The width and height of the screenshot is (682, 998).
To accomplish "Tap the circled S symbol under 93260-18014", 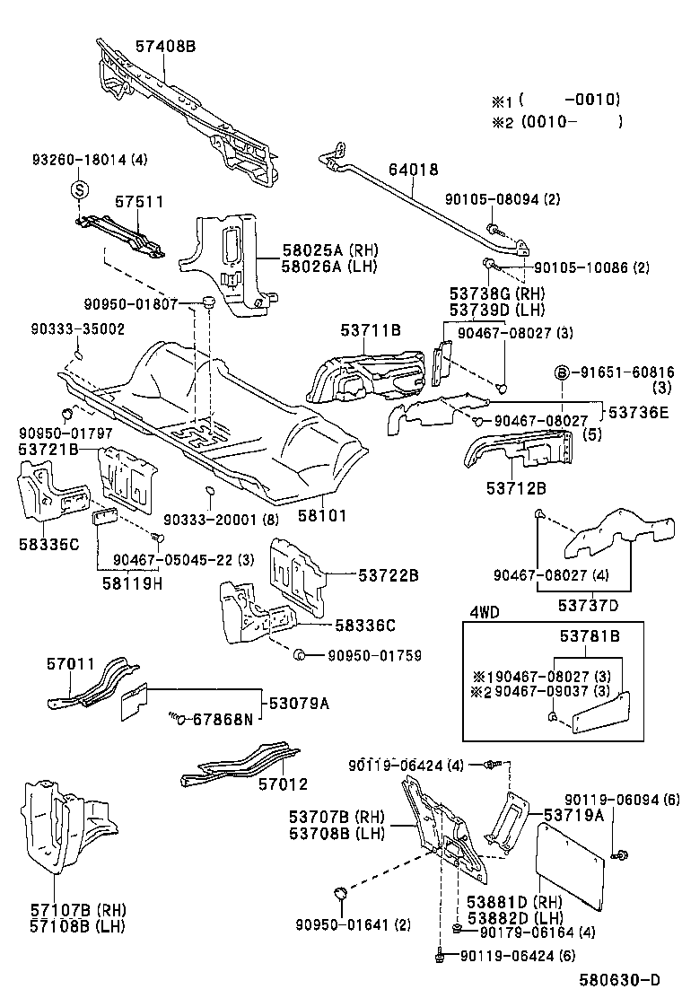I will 79,190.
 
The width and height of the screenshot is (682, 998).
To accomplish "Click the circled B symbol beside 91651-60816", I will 561,372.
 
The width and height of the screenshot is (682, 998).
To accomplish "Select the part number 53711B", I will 370,331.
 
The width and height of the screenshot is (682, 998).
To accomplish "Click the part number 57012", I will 283,784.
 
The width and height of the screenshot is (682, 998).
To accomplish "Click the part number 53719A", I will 573,815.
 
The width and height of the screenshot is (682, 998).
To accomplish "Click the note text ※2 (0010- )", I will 555,122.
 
